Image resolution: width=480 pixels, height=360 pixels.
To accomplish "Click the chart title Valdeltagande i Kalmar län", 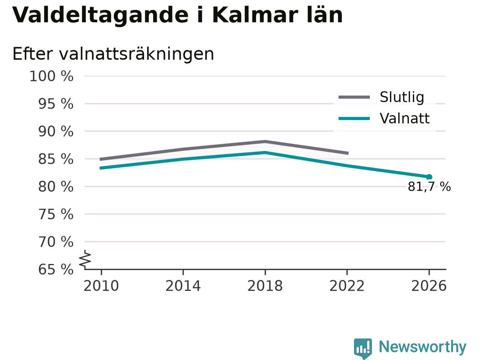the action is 177,15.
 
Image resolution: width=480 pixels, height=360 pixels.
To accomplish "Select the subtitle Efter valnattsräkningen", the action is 113,54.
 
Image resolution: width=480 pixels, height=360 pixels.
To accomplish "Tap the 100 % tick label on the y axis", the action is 51,76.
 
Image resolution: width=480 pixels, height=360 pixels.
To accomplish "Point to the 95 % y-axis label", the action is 56,104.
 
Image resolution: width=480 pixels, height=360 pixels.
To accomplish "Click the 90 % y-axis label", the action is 56,132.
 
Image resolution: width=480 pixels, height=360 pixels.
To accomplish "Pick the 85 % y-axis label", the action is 56,159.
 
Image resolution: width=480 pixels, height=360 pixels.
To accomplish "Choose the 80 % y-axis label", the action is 56,187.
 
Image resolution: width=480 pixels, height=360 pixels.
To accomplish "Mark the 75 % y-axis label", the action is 56,214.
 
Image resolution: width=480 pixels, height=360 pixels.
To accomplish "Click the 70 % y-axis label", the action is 56,242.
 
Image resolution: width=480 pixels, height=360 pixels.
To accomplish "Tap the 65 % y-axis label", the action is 56,270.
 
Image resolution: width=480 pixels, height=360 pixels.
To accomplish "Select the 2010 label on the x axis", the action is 101,286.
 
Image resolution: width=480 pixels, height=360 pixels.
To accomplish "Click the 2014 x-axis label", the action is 183,286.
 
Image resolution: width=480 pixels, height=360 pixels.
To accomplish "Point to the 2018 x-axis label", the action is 265,286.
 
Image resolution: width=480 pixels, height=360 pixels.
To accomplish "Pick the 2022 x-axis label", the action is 347,286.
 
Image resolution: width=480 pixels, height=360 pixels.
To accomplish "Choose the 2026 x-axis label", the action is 429,286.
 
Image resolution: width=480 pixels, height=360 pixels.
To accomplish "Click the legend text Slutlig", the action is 402,97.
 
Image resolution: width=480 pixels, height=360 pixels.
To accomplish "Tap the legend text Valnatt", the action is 405,118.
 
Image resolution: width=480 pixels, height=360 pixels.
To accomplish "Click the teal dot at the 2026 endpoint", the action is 429,177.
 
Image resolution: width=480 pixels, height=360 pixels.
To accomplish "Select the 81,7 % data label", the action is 429,187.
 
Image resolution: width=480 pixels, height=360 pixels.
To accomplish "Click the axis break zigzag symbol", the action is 85,259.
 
